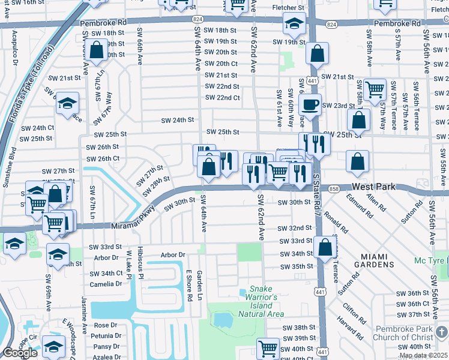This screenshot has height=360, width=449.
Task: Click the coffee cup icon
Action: tap(310, 104)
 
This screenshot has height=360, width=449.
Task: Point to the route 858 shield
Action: tap(333, 189)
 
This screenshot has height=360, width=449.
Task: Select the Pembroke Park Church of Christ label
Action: tap(408, 333)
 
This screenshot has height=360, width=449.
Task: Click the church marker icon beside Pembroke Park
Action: tap(441, 332)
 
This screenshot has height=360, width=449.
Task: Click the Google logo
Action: tap(20, 353)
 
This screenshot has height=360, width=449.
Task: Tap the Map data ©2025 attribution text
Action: tap(423, 356)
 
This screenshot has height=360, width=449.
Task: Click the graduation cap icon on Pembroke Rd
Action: tap(294, 25)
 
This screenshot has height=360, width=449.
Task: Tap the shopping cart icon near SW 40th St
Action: tap(268, 347)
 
